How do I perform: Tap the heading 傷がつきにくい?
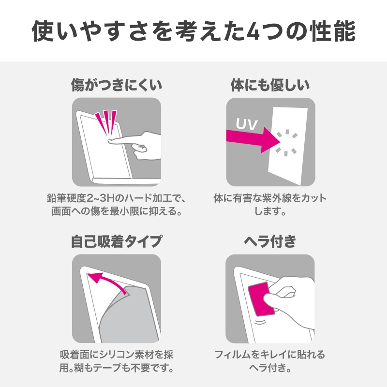[x=116, y=86]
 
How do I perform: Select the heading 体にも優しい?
[x=270, y=86]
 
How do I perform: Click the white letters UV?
[x=247, y=123]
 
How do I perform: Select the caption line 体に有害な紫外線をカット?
[x=270, y=198]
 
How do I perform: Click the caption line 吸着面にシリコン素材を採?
[x=116, y=355]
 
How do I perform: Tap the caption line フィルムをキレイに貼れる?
[x=270, y=355]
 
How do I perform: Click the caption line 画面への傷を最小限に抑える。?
[x=116, y=212]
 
